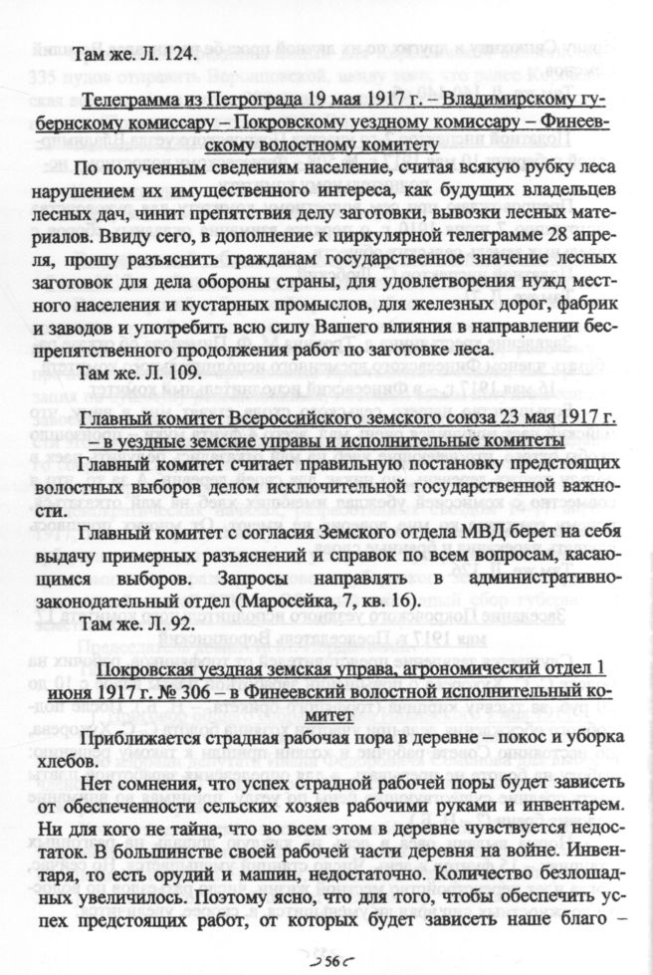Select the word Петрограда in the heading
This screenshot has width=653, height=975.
coord(237,102)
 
